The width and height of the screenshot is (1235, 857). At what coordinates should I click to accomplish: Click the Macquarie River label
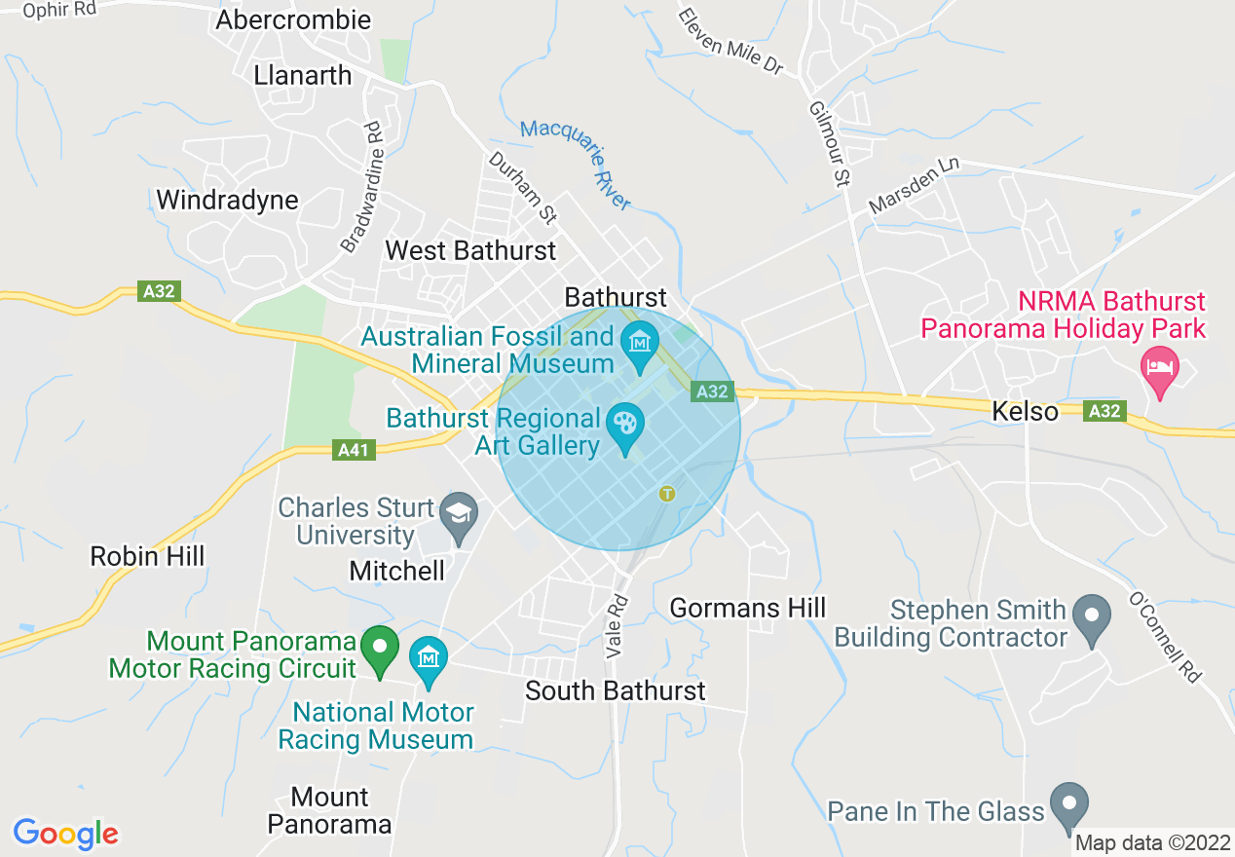[576, 165]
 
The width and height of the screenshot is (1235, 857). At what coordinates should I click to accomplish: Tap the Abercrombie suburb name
[293, 19]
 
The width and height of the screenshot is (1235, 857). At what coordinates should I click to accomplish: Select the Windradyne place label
[227, 200]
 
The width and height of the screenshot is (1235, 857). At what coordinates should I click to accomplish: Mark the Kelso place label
[1025, 412]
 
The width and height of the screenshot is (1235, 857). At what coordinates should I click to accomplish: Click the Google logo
[65, 834]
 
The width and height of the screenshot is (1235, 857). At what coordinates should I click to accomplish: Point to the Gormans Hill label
[748, 609]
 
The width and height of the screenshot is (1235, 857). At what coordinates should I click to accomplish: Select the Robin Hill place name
[147, 556]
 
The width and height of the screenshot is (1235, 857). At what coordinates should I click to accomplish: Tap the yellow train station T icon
[667, 494]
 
